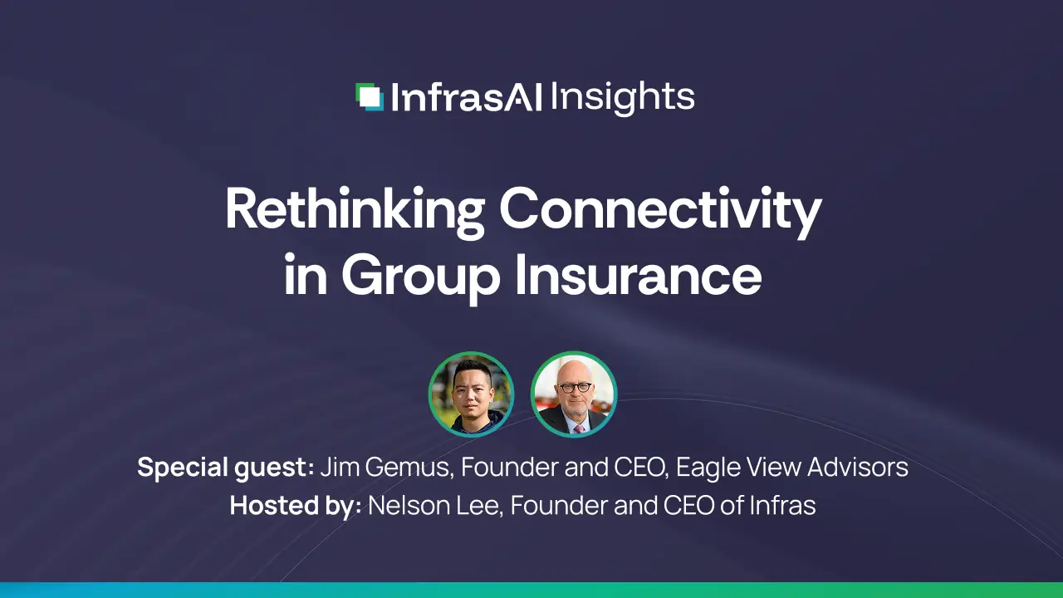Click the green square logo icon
click(369, 97)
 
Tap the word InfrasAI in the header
click(466, 98)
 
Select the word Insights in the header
click(622, 98)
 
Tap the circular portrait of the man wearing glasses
click(574, 395)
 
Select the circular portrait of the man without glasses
click(471, 395)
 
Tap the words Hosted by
click(295, 505)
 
